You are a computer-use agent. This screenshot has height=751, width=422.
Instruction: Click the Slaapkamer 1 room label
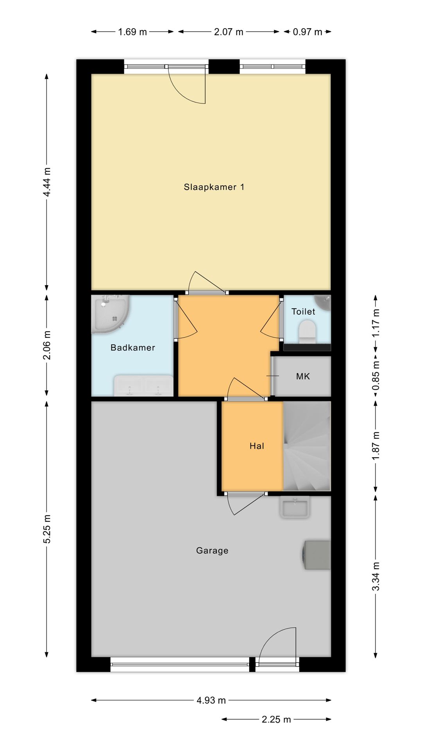(x=214, y=187)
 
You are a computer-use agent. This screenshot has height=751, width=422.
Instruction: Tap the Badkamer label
(x=133, y=347)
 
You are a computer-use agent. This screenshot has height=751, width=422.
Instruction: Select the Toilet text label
(x=303, y=311)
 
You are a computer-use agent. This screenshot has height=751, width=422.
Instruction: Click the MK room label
(x=303, y=376)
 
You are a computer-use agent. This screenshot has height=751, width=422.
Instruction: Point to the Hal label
(x=257, y=446)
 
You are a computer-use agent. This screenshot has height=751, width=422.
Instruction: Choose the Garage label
(x=212, y=551)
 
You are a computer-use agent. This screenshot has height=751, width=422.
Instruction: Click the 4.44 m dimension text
(x=47, y=182)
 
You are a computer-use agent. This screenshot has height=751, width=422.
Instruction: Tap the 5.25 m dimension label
(x=47, y=529)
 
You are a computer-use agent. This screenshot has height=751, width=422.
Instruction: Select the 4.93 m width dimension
(x=211, y=700)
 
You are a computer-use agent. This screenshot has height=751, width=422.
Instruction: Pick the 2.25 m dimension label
(x=276, y=719)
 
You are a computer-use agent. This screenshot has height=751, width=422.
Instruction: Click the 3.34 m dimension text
(x=376, y=577)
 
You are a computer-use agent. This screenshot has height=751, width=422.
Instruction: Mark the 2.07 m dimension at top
(x=229, y=32)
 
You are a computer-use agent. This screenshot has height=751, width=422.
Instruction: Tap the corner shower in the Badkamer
(x=110, y=314)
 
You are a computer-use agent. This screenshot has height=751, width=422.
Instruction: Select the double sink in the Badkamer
(x=143, y=386)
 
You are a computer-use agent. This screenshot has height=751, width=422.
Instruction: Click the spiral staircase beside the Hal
(x=307, y=446)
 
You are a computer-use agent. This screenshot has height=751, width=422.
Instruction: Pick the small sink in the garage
(x=295, y=507)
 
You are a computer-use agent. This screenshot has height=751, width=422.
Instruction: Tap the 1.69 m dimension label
(x=132, y=32)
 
